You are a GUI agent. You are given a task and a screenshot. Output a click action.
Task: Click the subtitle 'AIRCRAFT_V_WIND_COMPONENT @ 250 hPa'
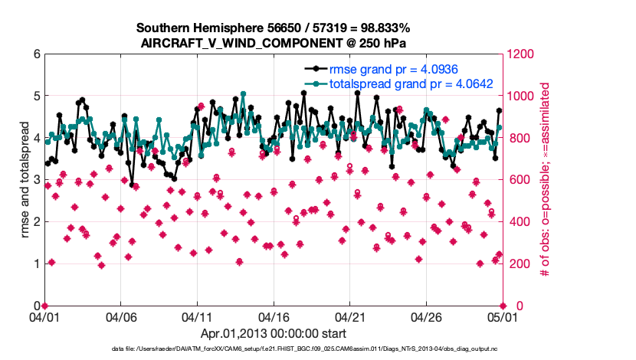pos(274,43)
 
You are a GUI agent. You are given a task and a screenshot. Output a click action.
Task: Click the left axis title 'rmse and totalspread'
pos(25,180)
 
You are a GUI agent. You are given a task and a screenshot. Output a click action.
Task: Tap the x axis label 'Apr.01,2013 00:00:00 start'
pos(273,333)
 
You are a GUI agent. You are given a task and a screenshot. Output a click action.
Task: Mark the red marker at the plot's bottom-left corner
pos(44,306)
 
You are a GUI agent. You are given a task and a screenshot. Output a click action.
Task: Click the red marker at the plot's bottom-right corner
pos(501,306)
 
